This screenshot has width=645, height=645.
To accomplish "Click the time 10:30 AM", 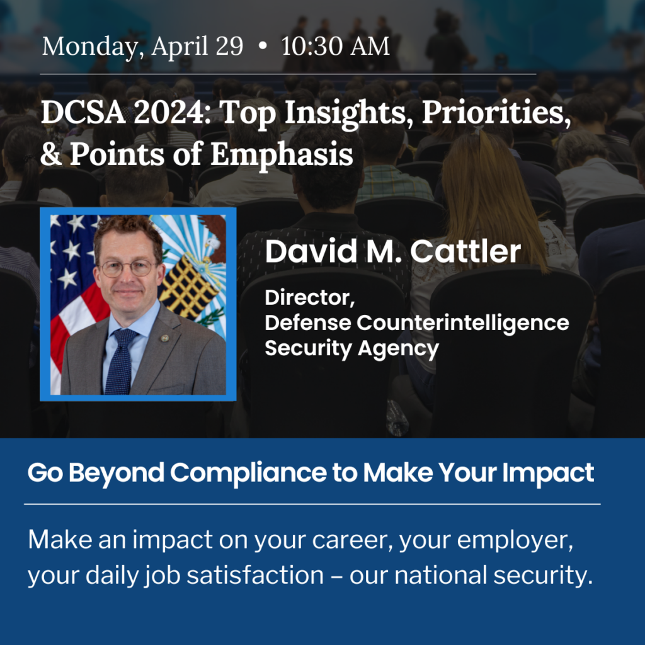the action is (x=335, y=45).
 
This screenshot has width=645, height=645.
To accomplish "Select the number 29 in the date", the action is (x=229, y=45).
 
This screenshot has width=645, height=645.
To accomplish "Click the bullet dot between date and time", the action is (x=263, y=47).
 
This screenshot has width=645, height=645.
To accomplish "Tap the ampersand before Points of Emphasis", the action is (x=51, y=154).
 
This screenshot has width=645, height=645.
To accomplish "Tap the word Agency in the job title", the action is (x=398, y=349).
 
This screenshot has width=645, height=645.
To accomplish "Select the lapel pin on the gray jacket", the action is (x=164, y=338).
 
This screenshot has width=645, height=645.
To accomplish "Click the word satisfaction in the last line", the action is (x=255, y=574).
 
